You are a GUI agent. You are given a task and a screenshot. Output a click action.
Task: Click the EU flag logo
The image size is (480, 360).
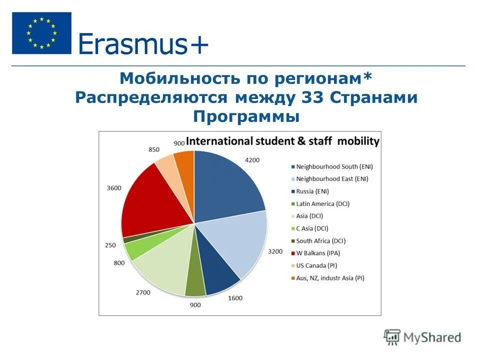[41, 33]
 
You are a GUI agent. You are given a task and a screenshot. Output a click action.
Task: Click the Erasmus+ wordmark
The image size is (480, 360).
[143, 44]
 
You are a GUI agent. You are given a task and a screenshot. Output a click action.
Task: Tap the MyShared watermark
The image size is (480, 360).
[422, 337]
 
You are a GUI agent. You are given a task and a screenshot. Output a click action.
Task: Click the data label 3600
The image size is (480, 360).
[114, 188]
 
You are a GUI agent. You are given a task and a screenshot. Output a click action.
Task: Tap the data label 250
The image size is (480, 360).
[110, 245]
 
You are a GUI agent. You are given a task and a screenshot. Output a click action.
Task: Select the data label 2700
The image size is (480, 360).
[142, 292]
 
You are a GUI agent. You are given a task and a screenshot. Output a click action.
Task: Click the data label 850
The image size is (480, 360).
[154, 149]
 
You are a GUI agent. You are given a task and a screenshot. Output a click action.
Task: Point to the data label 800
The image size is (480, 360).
[119, 262]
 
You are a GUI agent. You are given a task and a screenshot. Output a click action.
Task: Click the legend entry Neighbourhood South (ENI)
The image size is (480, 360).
[334, 166]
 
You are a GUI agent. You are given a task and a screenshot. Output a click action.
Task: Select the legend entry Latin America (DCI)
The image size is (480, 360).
[323, 203]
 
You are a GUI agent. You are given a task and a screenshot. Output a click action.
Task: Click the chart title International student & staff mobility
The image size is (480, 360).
[282, 141]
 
